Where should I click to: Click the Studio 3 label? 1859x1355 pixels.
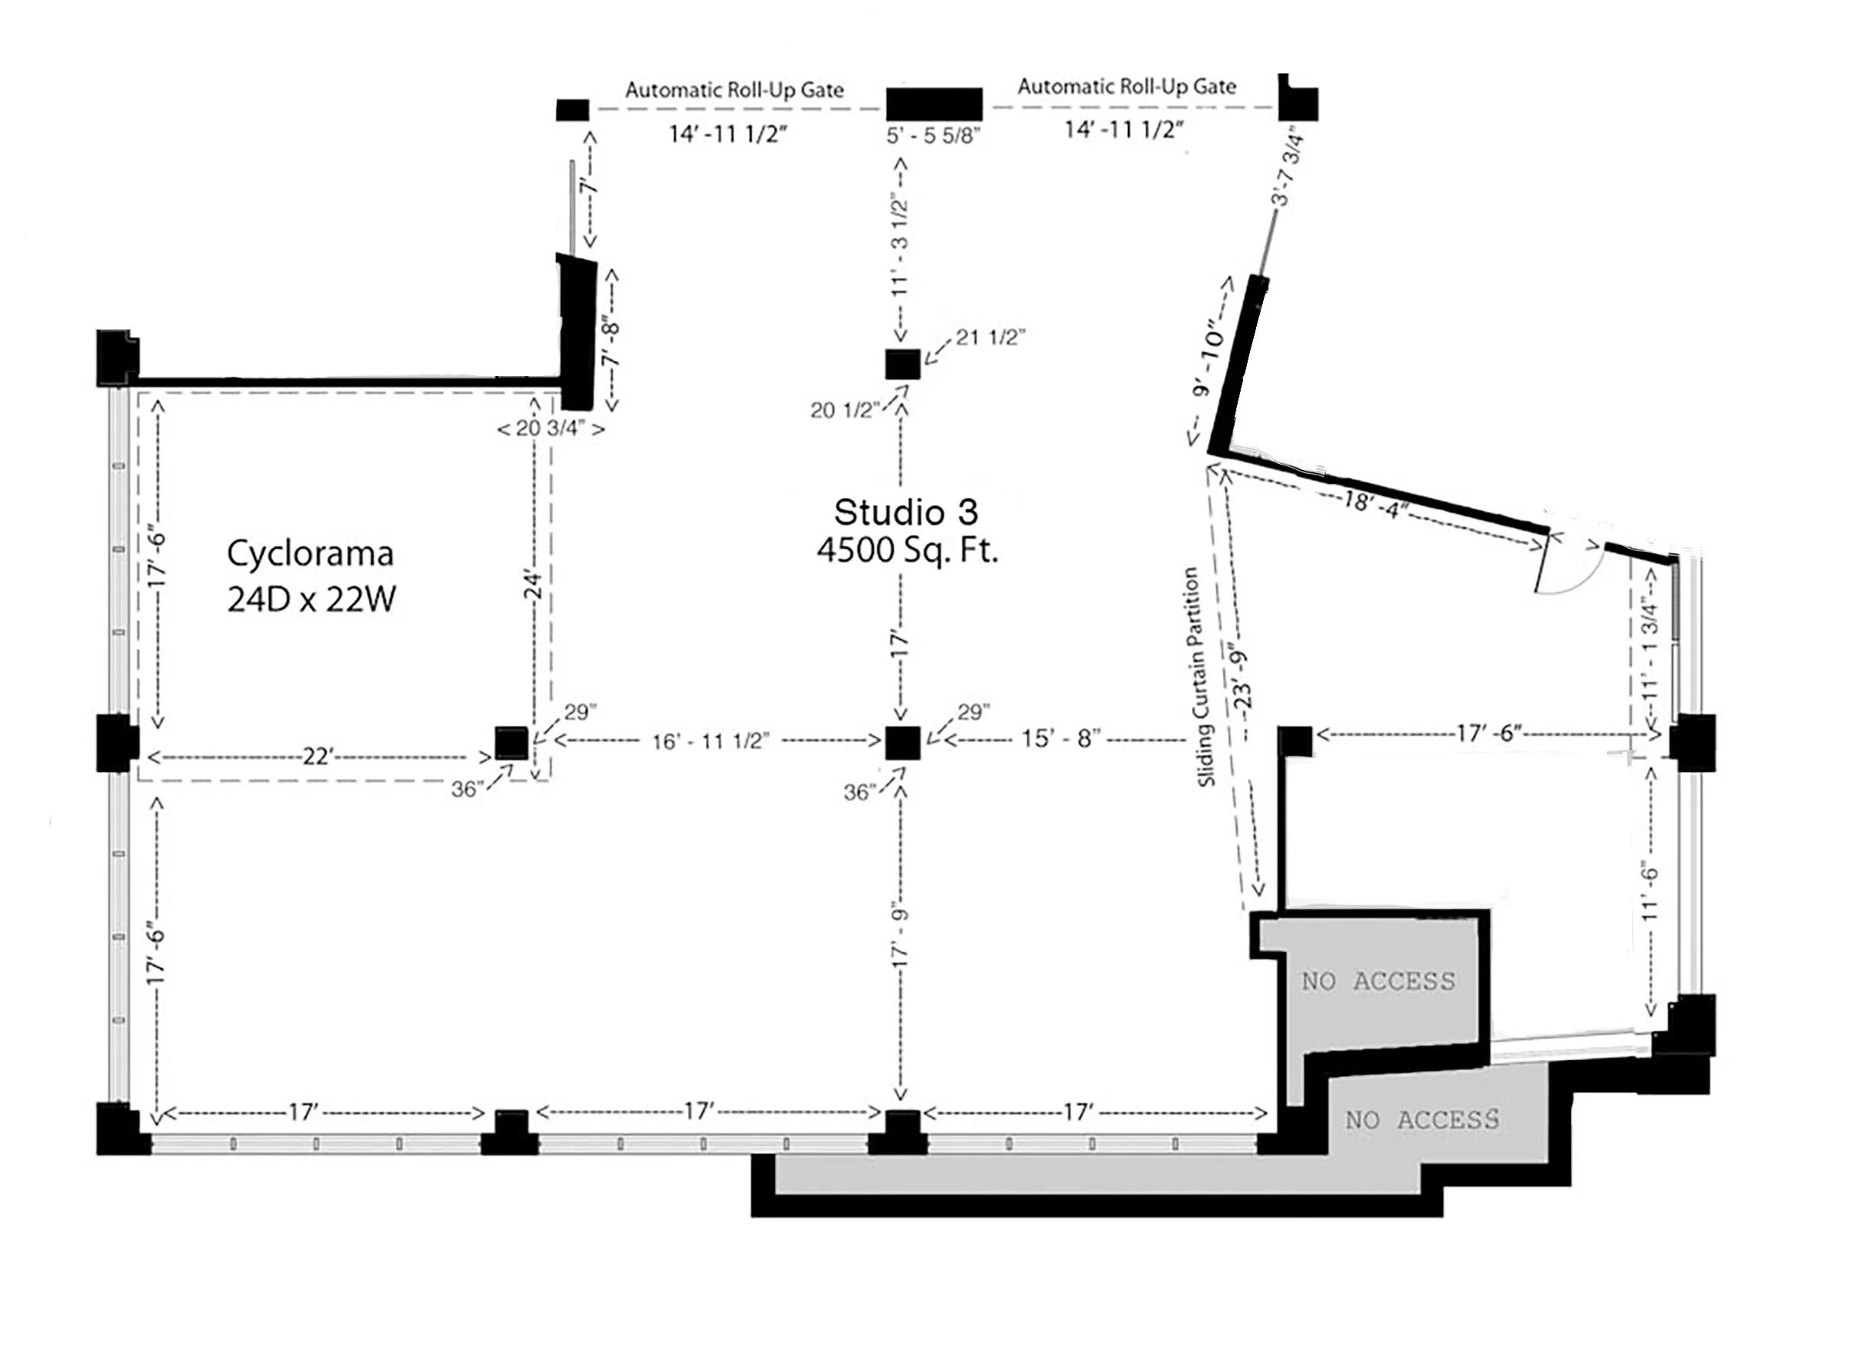[x=905, y=513]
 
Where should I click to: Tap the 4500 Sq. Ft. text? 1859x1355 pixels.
[x=907, y=550]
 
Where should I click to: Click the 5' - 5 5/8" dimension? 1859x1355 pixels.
[x=933, y=136]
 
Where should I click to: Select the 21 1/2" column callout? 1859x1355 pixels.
[x=989, y=337]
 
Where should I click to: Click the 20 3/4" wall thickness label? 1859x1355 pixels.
[x=551, y=428]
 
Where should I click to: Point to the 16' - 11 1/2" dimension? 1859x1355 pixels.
[x=710, y=741]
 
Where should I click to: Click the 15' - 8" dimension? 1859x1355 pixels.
[x=1061, y=739]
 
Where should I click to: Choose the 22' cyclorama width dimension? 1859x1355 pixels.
[x=316, y=757]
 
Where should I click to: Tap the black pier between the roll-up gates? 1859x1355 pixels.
[x=933, y=104]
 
